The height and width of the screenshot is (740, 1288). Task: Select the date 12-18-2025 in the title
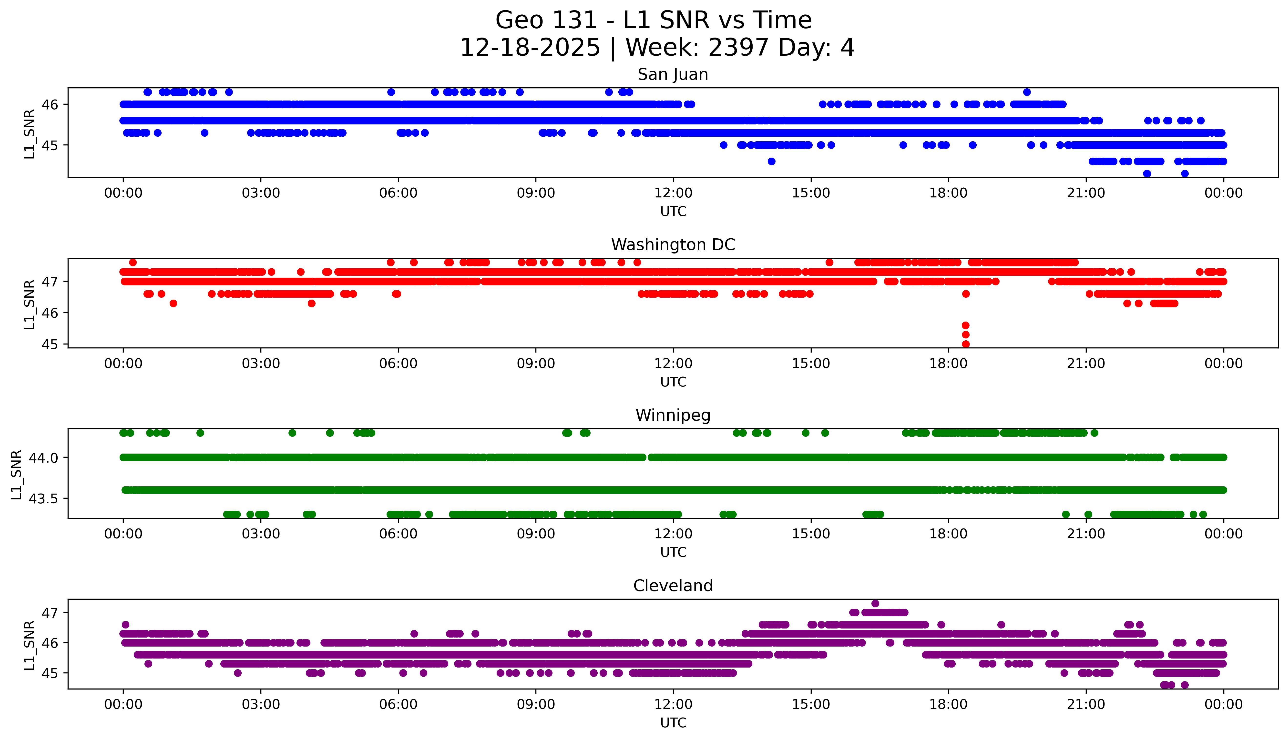tap(530, 48)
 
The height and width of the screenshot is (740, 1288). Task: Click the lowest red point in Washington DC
tap(966, 344)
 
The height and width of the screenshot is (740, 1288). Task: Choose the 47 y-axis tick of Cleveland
tap(50, 613)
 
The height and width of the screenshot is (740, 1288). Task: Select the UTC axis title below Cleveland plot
tap(673, 723)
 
